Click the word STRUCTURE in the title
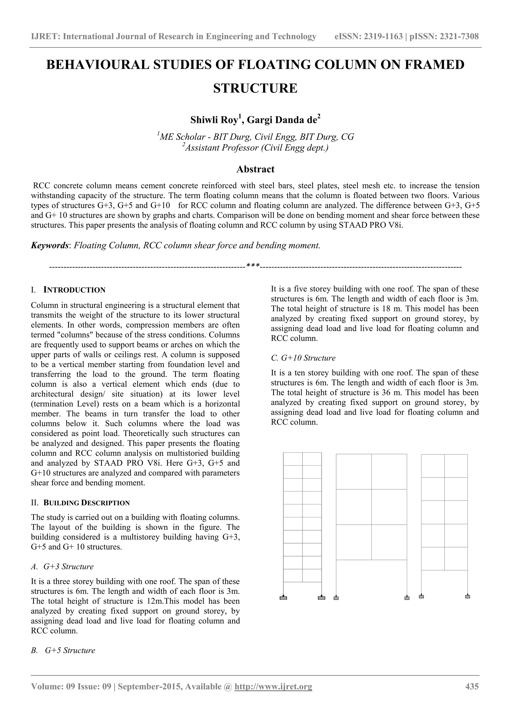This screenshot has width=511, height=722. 255,88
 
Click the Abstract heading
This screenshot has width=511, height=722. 255,169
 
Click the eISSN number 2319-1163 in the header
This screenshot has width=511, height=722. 383,36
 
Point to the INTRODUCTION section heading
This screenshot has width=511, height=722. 74,290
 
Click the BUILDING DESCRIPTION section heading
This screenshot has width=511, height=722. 86,503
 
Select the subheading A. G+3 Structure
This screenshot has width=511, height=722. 62,567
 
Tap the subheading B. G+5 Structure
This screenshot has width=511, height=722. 63,650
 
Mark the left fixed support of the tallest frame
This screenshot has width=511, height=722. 283,598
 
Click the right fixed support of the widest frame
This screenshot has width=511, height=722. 407,598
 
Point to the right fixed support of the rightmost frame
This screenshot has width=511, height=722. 467,596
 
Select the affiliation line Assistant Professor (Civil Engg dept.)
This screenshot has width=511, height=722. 256,148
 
